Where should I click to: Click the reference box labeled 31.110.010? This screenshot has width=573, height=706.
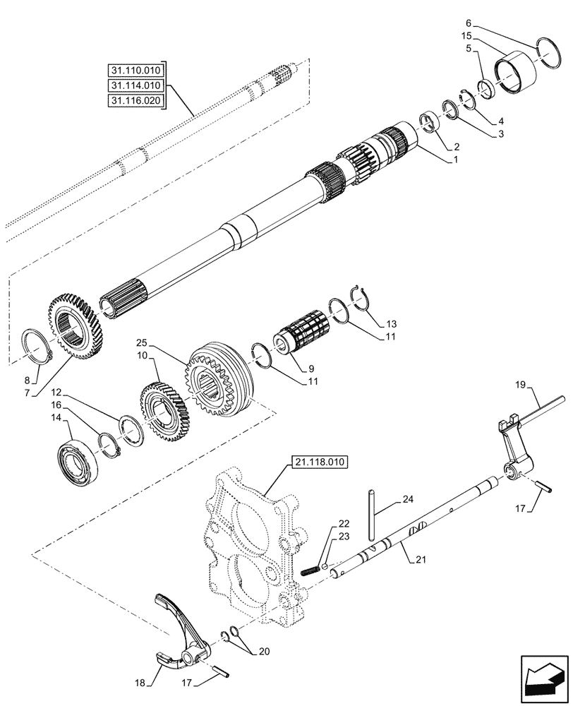point(135,71)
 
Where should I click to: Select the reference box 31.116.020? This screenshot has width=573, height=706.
point(135,101)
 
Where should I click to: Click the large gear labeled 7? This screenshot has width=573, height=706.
point(73,329)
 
